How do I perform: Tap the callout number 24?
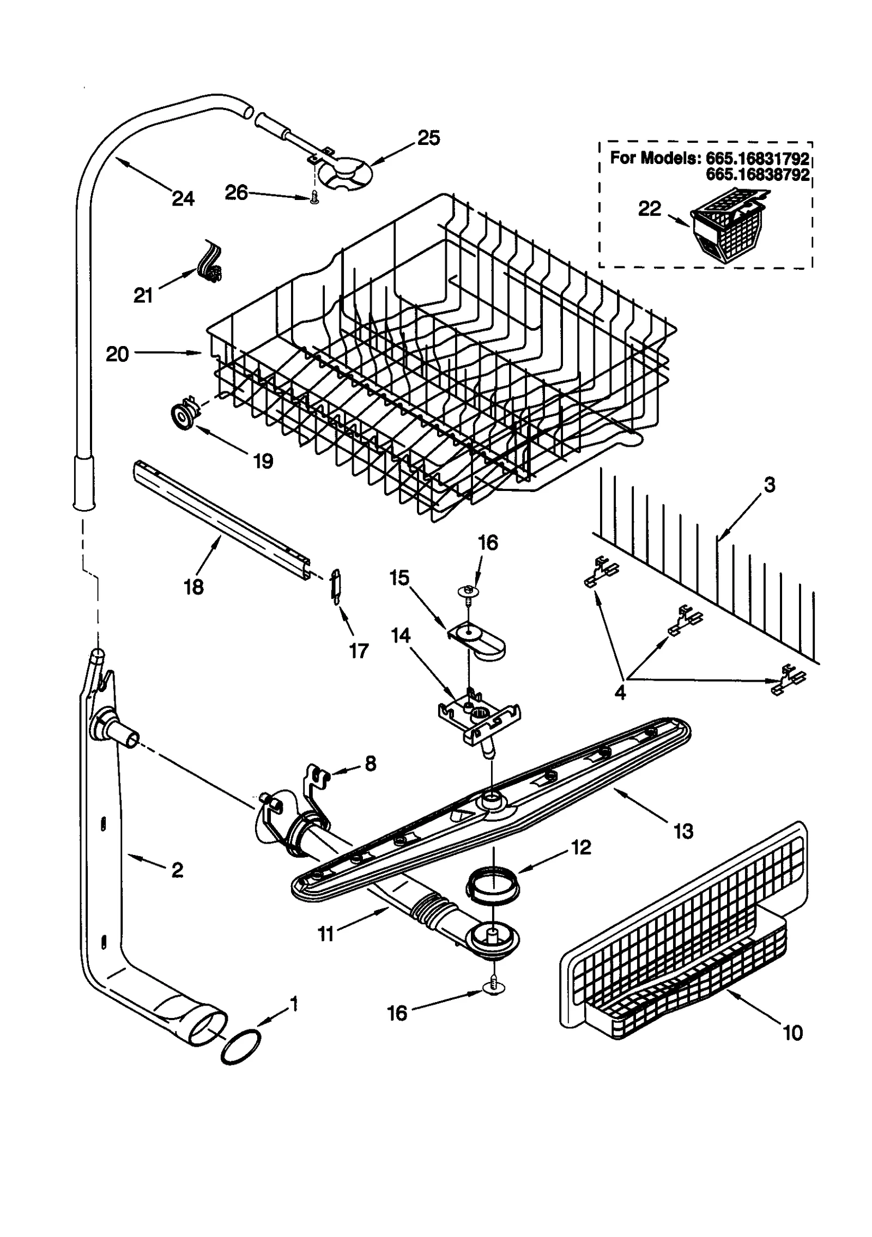tap(183, 199)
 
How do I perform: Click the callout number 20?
tap(117, 354)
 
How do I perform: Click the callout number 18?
tap(194, 587)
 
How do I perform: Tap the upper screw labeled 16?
tap(468, 591)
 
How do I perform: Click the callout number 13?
tap(683, 830)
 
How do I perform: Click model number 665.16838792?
tap(757, 174)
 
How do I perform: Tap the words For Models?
tap(653, 158)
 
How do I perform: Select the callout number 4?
tap(620, 693)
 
